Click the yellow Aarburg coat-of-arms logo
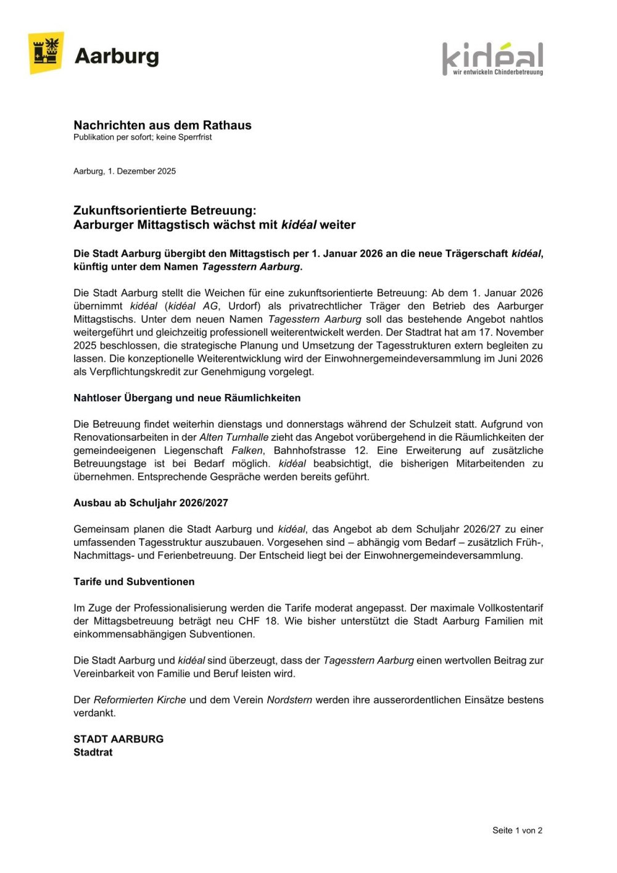pyautogui.click(x=46, y=53)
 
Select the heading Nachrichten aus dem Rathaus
pyautogui.click(x=162, y=125)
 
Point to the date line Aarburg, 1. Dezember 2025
pyautogui.click(x=125, y=171)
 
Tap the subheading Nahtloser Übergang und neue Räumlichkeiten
pyautogui.click(x=187, y=398)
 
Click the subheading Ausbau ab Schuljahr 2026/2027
pyautogui.click(x=151, y=503)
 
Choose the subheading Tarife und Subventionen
pyautogui.click(x=134, y=582)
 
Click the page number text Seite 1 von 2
pyautogui.click(x=517, y=830)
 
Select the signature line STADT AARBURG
pyautogui.click(x=118, y=739)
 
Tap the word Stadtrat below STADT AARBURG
pyautogui.click(x=93, y=753)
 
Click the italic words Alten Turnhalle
pyautogui.click(x=234, y=437)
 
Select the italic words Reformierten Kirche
pyautogui.click(x=139, y=700)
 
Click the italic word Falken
pyautogui.click(x=247, y=451)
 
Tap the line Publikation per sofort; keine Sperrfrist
pyautogui.click(x=143, y=137)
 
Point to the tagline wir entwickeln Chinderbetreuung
pyautogui.click(x=497, y=72)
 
